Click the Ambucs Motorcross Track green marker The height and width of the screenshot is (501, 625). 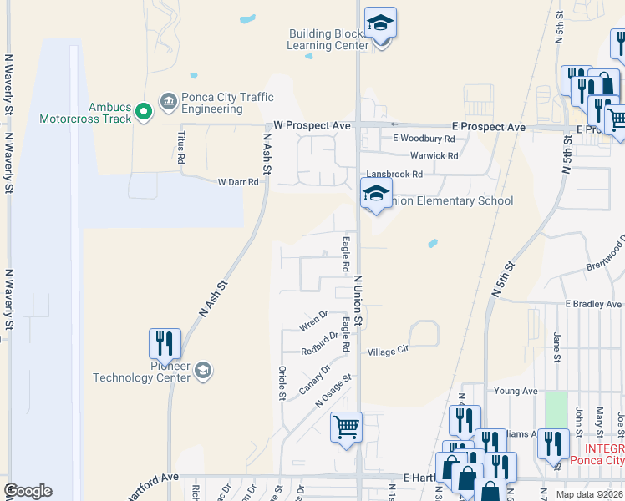[143, 110]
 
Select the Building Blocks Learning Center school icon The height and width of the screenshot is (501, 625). [380, 24]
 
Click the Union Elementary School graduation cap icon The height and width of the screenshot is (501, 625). [376, 195]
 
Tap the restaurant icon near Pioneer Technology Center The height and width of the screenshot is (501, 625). [165, 344]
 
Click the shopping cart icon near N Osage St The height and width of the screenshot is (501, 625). [346, 428]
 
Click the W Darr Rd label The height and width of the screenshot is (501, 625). [238, 182]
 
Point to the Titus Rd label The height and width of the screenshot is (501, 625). [181, 147]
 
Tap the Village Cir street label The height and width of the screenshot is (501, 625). [388, 352]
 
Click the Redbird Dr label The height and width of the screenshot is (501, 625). [320, 344]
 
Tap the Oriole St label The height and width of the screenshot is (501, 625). [282, 381]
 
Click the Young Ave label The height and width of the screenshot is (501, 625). [516, 391]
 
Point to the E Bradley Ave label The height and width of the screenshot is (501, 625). [594, 304]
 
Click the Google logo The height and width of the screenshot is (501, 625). [28, 491]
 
